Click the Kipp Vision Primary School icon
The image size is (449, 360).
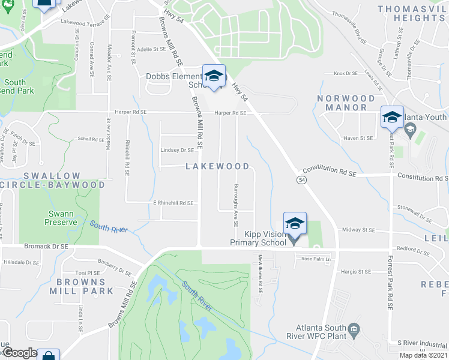click(295, 224)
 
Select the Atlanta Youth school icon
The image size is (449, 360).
click(392, 118)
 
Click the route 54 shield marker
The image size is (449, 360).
click(301, 180)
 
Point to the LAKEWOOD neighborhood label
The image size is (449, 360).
click(217, 166)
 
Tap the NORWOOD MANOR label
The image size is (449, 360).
click(346, 103)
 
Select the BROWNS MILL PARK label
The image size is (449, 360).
click(85, 286)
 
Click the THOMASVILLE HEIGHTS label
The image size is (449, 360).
click(412, 13)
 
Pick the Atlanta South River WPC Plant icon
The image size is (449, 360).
click(354, 329)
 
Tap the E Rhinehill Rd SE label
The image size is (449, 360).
click(173, 203)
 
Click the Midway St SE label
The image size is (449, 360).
click(358, 230)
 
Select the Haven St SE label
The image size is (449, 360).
click(358, 138)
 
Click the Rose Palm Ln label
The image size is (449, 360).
click(316, 259)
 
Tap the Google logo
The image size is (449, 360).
click(19, 353)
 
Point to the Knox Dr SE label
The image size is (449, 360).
click(345, 73)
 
